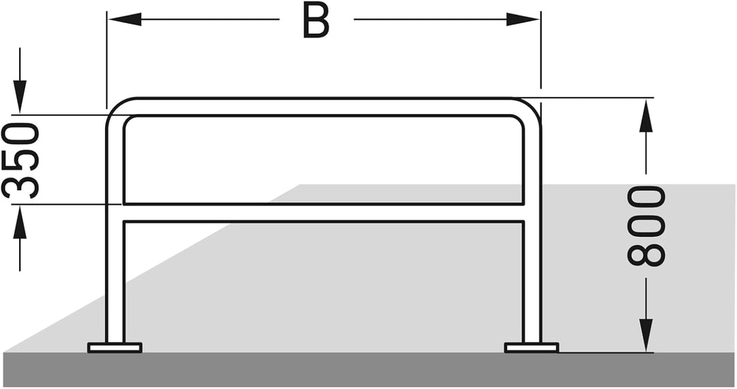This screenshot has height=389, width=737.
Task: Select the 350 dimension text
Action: pos(20,160)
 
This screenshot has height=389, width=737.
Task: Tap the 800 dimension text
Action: pos(646,227)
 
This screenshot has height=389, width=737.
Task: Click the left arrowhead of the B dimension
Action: pos(125,19)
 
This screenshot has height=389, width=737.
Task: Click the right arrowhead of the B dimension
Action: pos(523,19)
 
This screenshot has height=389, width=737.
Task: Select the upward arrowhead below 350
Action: pos(20,221)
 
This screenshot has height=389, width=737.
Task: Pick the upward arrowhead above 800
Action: pos(647,115)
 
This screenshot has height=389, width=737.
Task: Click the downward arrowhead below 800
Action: pos(647,335)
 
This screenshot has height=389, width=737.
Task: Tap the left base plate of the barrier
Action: pos(115,347)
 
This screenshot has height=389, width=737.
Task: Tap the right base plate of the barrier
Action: pos(532,347)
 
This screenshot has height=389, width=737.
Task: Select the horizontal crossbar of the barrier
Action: pos(323,213)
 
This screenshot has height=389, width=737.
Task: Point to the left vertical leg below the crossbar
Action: pos(115,283)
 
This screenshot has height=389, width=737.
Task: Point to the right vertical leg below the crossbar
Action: pos(532,283)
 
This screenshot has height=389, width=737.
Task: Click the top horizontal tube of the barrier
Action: pos(323,106)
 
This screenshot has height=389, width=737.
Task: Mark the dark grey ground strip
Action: pos(369,370)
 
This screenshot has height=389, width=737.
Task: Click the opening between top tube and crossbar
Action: pos(323,160)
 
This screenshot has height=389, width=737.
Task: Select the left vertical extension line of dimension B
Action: pos(106,59)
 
